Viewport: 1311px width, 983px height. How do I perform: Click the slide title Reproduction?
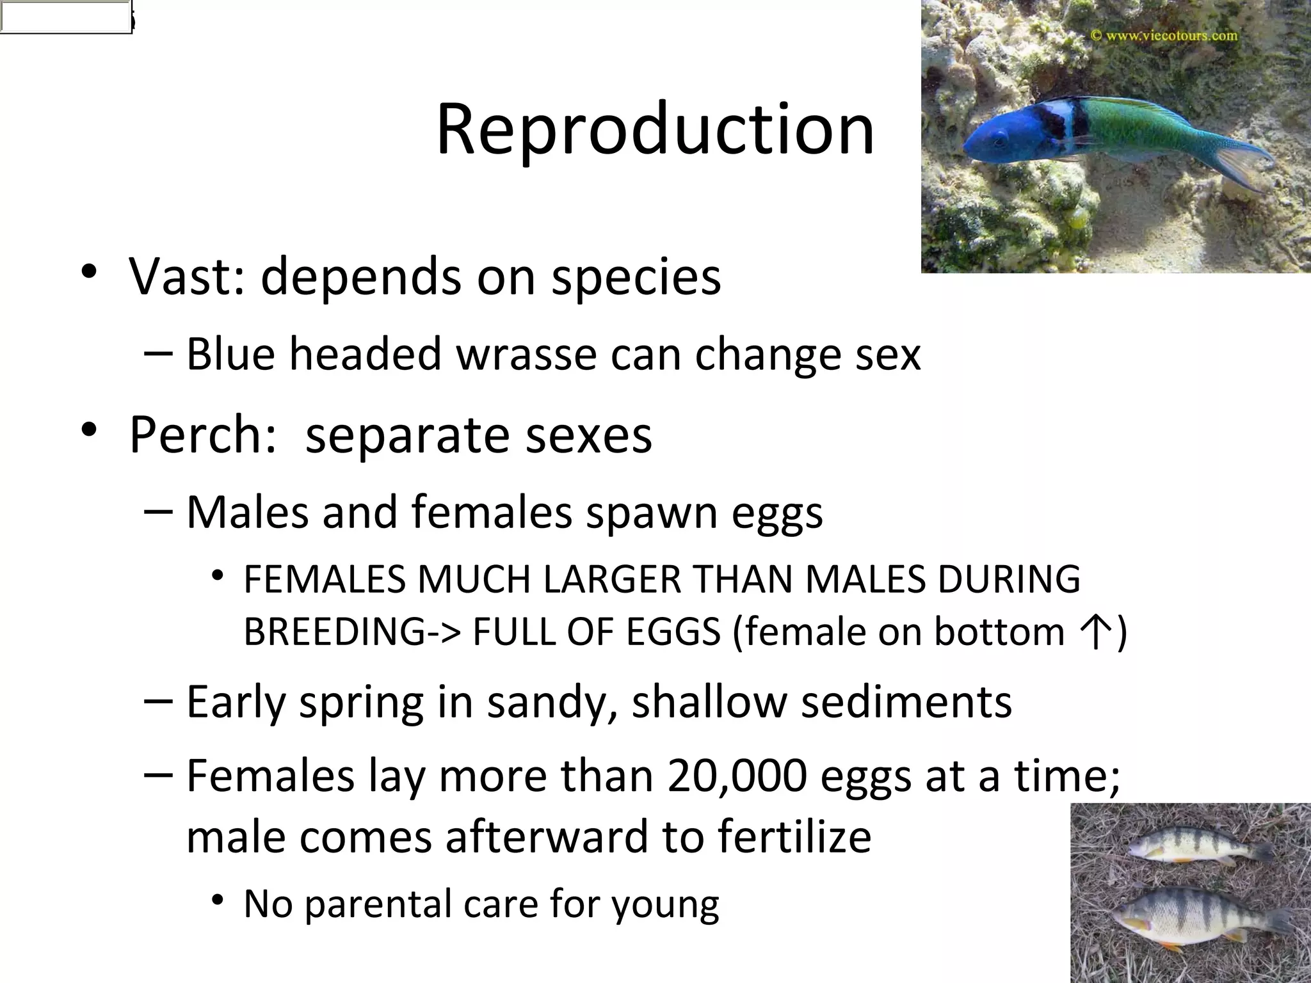(655, 130)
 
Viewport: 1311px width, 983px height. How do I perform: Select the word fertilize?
(794, 836)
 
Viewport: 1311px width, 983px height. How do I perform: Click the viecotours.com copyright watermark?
(1164, 35)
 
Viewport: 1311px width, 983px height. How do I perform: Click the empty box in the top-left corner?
(65, 17)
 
